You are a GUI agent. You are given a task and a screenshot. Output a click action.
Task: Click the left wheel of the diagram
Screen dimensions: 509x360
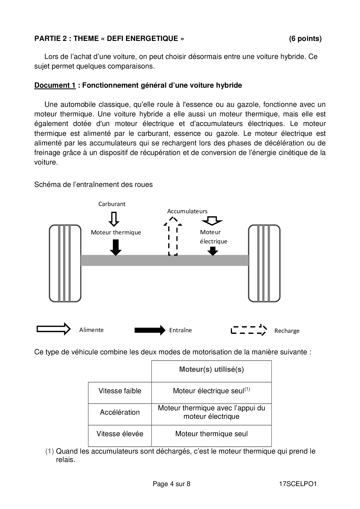click(65, 263)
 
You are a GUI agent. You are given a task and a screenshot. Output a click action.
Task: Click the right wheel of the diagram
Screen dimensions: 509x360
click(264, 263)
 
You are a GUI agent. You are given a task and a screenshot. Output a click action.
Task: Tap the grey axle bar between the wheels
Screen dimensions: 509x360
click(164, 260)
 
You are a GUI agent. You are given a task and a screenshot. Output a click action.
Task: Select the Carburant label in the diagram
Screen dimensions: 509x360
click(112, 204)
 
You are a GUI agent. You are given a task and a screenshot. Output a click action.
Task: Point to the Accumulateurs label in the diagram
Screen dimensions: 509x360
click(187, 211)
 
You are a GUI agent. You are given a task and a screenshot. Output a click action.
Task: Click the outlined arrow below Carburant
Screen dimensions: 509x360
click(114, 219)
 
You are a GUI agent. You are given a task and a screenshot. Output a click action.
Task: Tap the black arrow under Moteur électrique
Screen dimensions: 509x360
click(213, 251)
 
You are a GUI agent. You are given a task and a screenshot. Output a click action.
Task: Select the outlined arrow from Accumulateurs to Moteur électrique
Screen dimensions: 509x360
click(212, 221)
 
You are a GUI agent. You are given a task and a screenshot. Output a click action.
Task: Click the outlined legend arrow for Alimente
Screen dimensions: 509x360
click(54, 329)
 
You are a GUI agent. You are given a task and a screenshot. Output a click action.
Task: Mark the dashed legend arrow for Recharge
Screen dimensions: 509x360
click(249, 330)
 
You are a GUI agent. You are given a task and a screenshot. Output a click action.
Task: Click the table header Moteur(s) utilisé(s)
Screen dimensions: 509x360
click(211, 369)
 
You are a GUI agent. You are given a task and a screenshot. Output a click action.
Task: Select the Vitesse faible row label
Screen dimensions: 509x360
click(120, 391)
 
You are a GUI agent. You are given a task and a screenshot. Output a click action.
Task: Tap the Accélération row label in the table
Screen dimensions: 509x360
click(120, 412)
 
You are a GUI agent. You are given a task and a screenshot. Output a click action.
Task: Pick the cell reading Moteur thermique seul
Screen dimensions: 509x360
click(211, 434)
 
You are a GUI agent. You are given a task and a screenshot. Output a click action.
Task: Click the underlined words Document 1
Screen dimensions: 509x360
click(55, 85)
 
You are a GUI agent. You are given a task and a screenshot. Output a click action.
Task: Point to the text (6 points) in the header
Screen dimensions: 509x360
click(305, 39)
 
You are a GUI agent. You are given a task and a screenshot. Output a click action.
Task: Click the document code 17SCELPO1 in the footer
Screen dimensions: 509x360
click(298, 484)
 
